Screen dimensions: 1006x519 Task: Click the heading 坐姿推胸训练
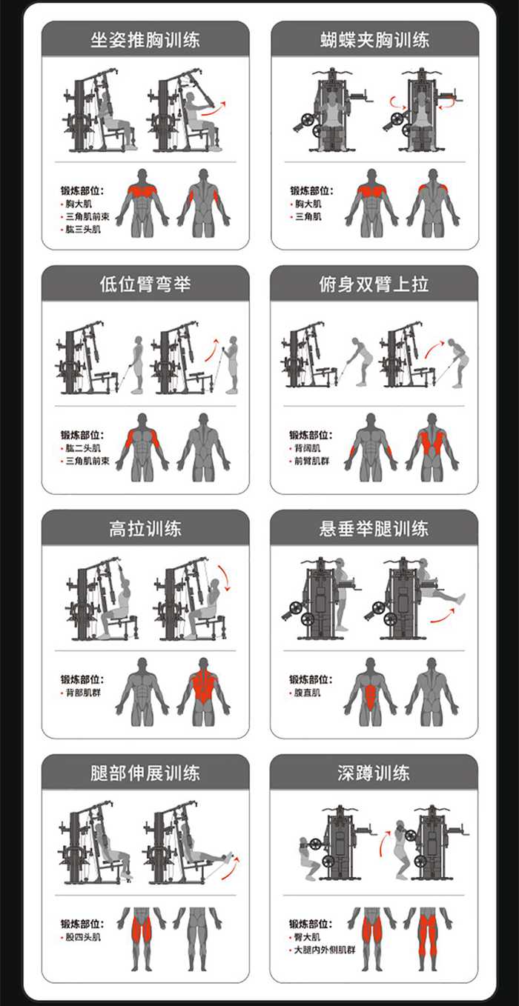click(x=145, y=39)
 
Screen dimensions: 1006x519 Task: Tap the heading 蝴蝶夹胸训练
click(x=374, y=39)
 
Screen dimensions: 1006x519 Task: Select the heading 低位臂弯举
click(x=145, y=284)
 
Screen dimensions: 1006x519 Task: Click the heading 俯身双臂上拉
click(x=374, y=284)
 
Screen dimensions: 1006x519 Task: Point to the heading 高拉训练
click(x=145, y=528)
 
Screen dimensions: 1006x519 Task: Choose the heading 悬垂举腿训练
click(x=374, y=528)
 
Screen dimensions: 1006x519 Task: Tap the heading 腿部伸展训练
click(x=145, y=773)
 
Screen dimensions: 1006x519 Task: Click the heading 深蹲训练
click(x=374, y=773)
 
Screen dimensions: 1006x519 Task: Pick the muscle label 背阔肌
click(x=309, y=448)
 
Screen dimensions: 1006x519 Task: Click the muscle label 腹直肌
click(x=309, y=693)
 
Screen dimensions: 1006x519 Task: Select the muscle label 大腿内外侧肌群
click(x=324, y=949)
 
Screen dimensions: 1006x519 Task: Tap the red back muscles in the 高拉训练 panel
click(x=202, y=685)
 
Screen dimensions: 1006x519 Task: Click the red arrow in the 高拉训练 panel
click(x=225, y=576)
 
